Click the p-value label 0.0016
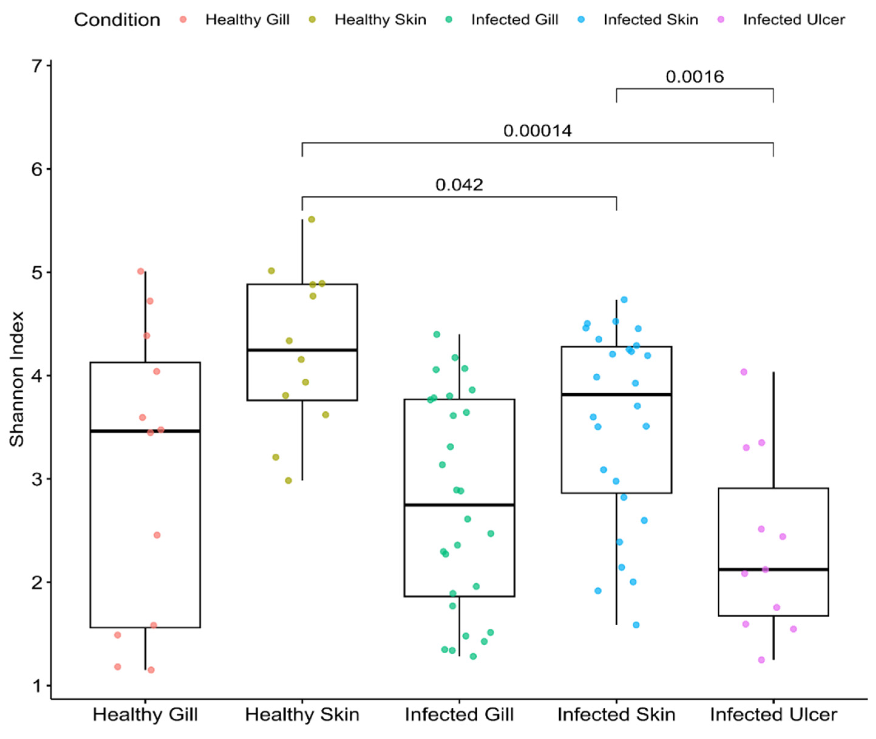(x=694, y=77)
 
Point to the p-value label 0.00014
(x=537, y=131)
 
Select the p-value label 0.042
(x=459, y=185)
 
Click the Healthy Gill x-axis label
(x=145, y=715)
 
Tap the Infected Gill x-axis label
(x=459, y=715)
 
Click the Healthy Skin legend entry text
(x=380, y=20)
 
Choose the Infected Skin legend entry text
(x=650, y=20)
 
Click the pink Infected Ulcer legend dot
(x=721, y=19)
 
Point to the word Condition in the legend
(x=117, y=20)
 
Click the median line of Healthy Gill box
(x=145, y=431)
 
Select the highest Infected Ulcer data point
(x=744, y=372)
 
